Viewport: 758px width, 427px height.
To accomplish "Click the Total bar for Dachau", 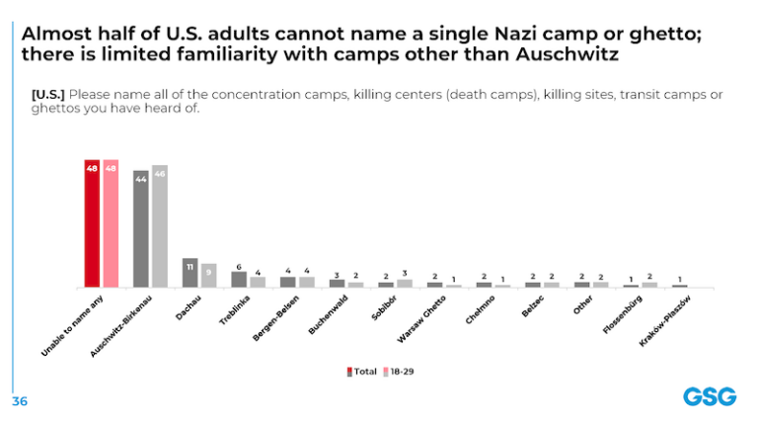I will [x=189, y=273].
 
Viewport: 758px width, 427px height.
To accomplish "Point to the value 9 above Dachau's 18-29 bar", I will [x=208, y=271].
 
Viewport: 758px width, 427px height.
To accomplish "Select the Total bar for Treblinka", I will [x=238, y=279].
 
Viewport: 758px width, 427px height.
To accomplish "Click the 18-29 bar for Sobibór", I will [x=405, y=284].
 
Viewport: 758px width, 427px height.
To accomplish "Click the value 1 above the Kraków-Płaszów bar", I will [x=679, y=280].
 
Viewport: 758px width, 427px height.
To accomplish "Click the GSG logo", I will [x=710, y=396].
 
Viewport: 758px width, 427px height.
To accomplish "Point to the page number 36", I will [x=19, y=401].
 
